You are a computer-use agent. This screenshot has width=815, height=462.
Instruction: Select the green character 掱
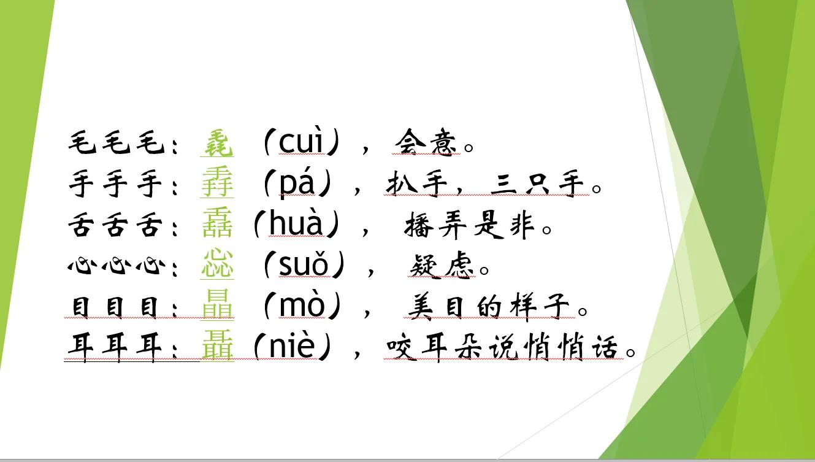tap(217, 184)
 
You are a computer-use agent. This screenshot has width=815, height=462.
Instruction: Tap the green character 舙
tap(217, 225)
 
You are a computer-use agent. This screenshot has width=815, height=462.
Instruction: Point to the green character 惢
tap(217, 266)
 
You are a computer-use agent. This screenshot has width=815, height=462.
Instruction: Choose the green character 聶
tap(217, 347)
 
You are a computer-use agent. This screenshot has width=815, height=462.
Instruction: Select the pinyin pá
tap(300, 184)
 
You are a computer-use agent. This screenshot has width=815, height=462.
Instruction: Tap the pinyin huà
tap(296, 225)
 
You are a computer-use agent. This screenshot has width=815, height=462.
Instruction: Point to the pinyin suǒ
tap(304, 266)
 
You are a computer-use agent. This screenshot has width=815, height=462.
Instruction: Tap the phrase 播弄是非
tap(472, 226)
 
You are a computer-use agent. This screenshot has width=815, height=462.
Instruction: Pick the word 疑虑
tap(442, 266)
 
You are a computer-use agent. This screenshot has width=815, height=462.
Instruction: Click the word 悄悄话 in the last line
tap(581, 348)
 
